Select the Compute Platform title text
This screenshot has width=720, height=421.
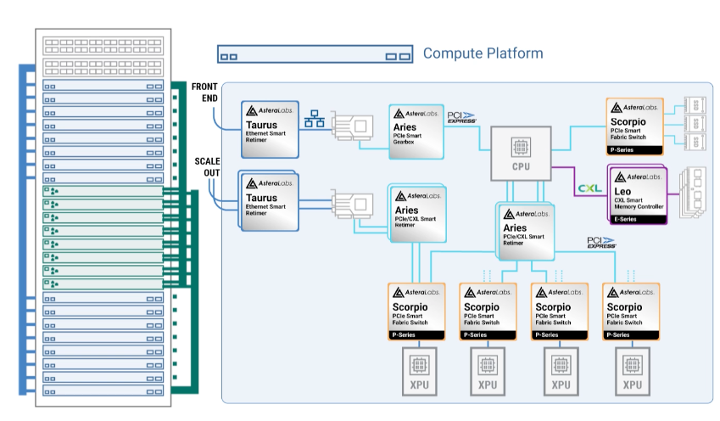[x=483, y=53]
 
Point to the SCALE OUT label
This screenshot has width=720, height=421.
[x=207, y=166]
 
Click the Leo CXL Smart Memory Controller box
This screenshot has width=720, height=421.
[x=638, y=194]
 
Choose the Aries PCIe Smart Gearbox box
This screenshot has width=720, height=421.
[x=416, y=131]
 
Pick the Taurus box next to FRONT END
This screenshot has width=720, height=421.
[x=271, y=128]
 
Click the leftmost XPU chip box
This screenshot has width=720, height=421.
[x=416, y=371]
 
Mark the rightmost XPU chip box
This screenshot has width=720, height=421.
[x=633, y=371]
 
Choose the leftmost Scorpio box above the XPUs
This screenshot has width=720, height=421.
[x=416, y=311]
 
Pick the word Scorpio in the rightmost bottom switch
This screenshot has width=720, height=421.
[x=624, y=306]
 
